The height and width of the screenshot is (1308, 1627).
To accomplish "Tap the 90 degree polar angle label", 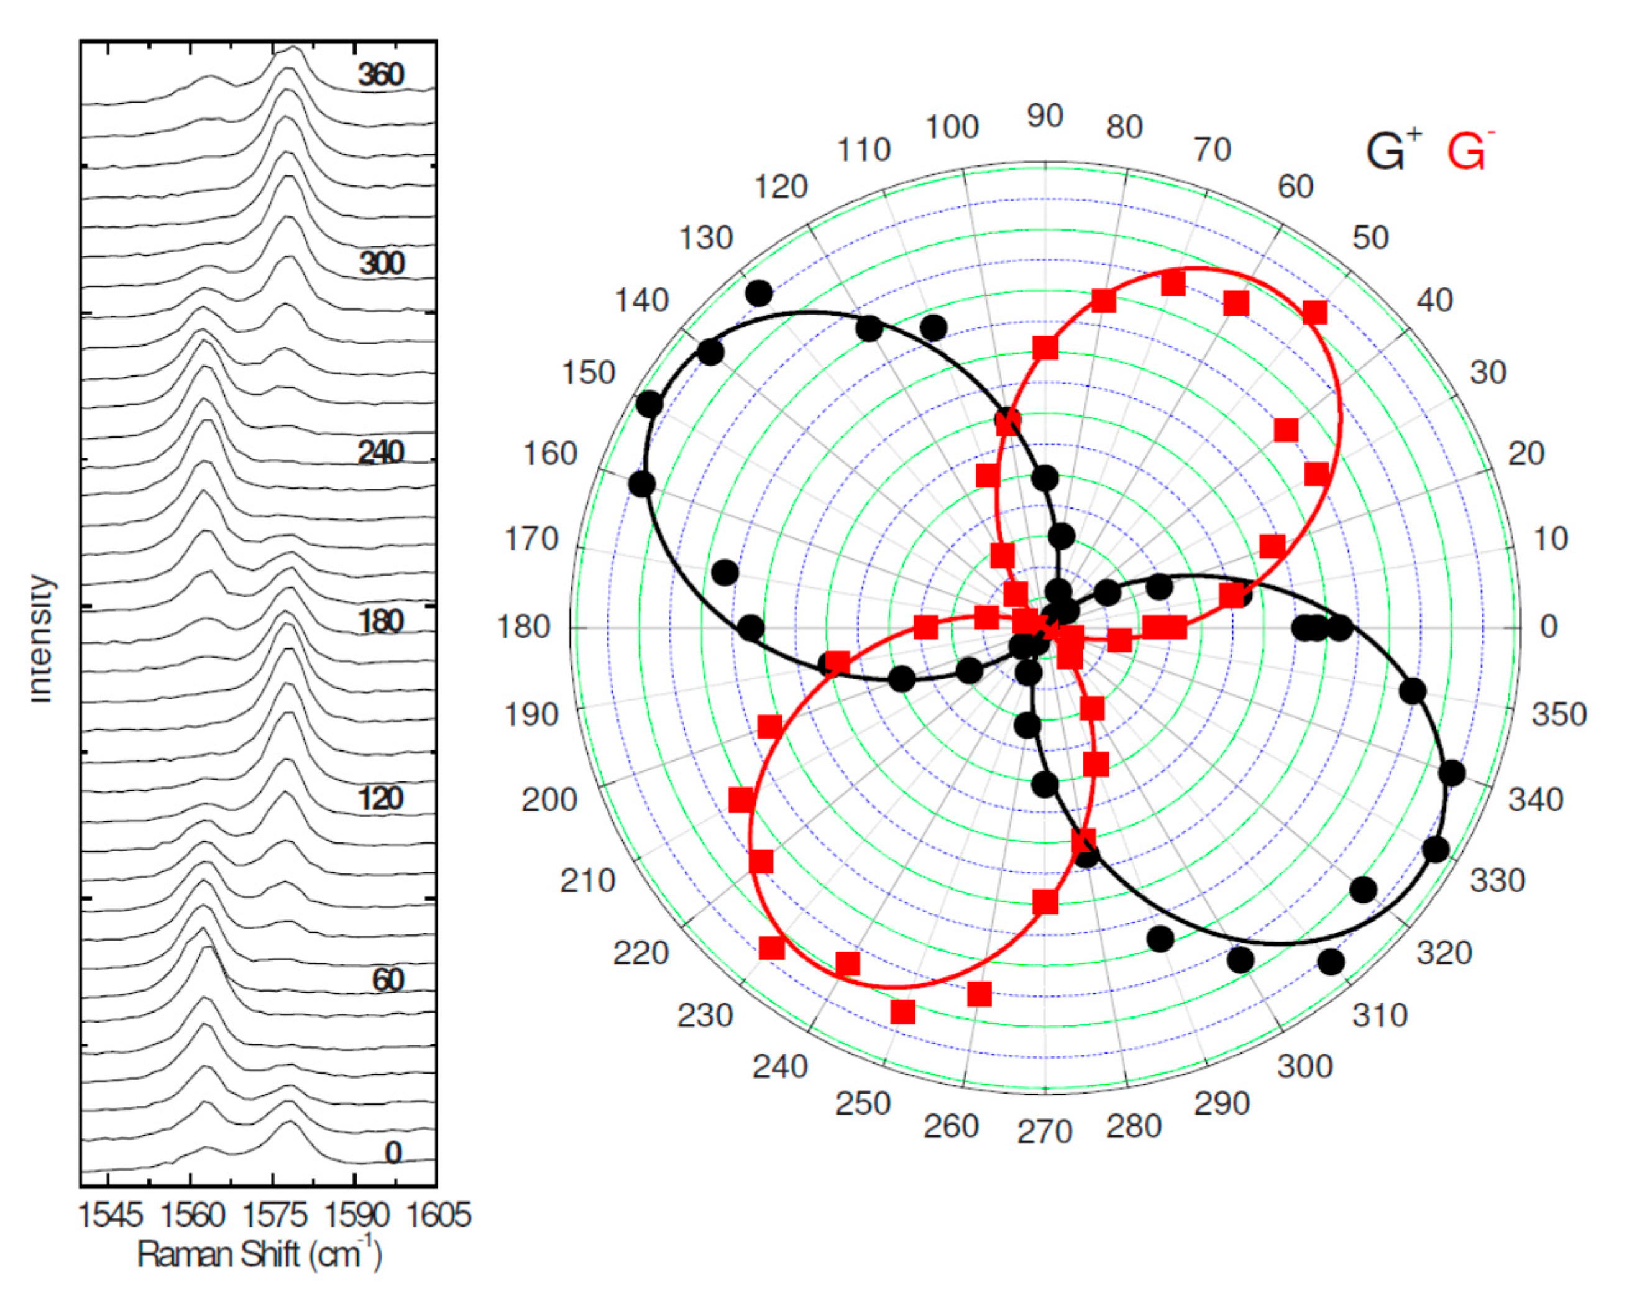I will point(1045,116).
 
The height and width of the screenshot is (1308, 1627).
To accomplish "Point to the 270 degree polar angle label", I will point(1045,1132).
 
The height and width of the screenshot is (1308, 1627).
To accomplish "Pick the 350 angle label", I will point(1559,714).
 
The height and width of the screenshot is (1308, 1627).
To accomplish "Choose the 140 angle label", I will point(642,300).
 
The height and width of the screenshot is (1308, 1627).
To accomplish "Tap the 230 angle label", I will point(705,1016).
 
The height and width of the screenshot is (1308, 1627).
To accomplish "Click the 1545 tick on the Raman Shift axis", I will point(109,1216).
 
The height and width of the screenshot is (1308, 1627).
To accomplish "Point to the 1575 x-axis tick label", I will point(275,1216).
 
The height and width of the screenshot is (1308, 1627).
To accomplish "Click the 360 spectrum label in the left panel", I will point(381,75).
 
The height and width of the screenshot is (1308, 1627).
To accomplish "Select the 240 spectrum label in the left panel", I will point(381,453).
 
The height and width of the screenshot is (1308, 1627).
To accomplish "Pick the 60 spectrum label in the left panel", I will point(388,980).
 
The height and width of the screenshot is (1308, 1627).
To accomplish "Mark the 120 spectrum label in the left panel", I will point(381,798).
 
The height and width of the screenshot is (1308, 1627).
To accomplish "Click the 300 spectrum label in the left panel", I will point(381,264).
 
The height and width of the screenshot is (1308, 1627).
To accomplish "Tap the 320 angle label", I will point(1444,953).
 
